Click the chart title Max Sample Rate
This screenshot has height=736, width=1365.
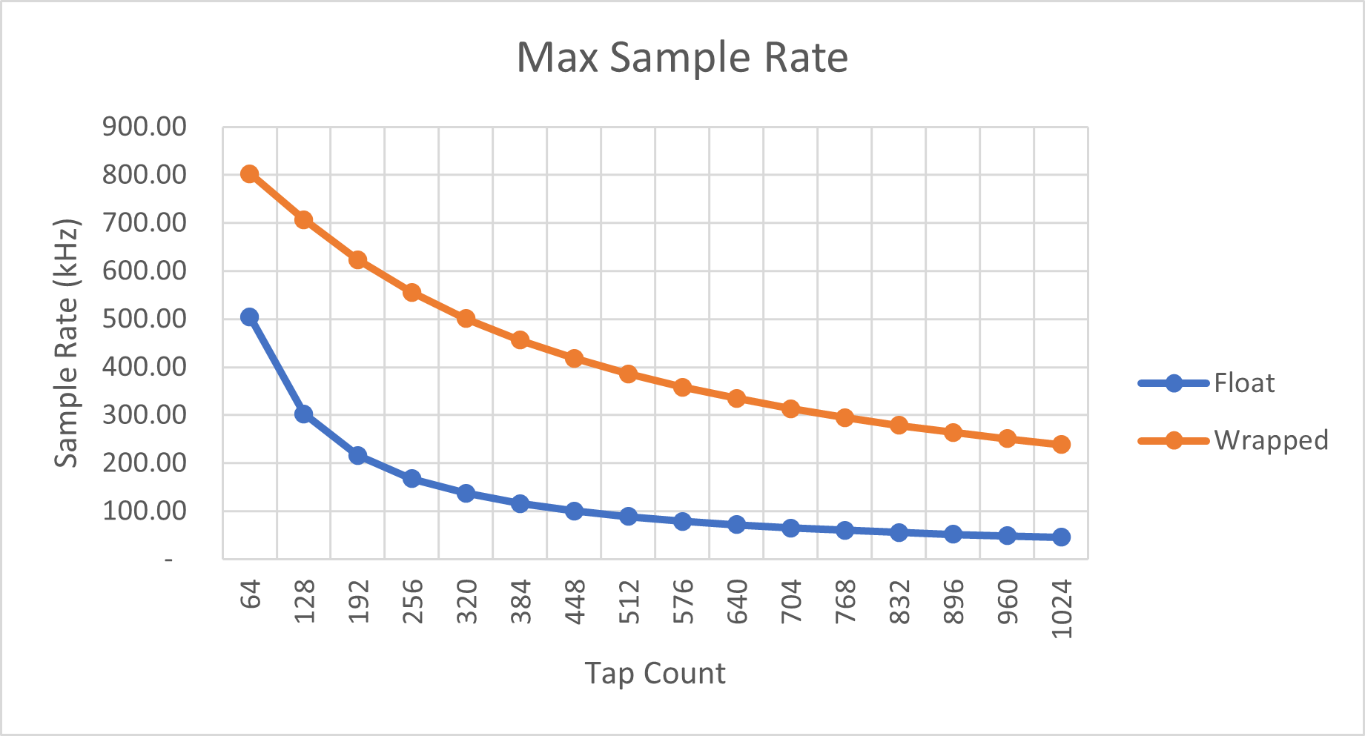(681, 57)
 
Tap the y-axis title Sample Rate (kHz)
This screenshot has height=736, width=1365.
(67, 342)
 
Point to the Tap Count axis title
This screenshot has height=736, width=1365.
(655, 673)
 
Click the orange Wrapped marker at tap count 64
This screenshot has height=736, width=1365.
(250, 174)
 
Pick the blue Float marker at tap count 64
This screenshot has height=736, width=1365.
(250, 317)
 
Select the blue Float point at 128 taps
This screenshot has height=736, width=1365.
(303, 414)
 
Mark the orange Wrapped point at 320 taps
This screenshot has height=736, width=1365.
(466, 319)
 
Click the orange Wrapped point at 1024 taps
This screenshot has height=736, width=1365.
(1061, 445)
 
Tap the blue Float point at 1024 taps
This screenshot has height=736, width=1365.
(1061, 537)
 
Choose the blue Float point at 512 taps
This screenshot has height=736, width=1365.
(628, 517)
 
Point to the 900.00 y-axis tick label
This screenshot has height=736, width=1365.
(145, 127)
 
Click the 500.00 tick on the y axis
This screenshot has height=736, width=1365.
(145, 319)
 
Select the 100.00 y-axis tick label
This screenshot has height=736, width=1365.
(145, 511)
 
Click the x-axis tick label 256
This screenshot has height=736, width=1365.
(413, 602)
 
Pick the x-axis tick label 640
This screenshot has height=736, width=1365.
(737, 602)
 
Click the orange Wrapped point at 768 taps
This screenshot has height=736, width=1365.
(845, 418)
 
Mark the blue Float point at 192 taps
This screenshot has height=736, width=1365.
(357, 455)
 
